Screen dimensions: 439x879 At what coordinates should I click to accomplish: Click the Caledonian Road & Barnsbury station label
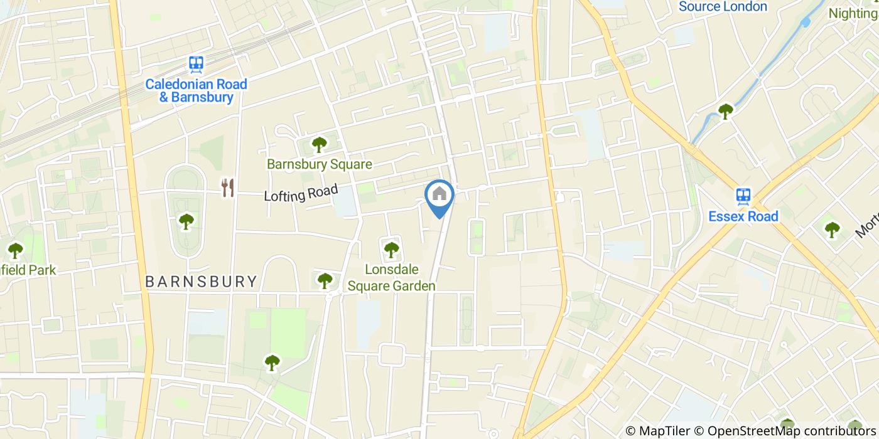coord(197,90)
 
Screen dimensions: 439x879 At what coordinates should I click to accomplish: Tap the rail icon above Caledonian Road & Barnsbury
coord(197,63)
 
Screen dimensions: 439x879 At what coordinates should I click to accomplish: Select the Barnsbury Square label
coord(319,164)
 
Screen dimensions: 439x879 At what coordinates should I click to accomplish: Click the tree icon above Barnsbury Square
coord(319,145)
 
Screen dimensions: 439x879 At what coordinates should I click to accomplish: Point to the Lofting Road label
coord(301,193)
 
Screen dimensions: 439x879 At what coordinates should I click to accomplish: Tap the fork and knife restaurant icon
coord(228,187)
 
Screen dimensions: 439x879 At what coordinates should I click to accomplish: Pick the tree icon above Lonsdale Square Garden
coord(391,250)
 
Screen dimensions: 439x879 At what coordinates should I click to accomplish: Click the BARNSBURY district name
coord(201,282)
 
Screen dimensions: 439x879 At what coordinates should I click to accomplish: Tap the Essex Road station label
coord(743,216)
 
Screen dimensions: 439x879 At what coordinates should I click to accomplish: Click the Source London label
coord(723,7)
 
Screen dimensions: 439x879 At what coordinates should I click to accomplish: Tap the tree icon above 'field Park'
coord(15,250)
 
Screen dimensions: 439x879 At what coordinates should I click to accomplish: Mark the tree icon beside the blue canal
coord(725,112)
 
